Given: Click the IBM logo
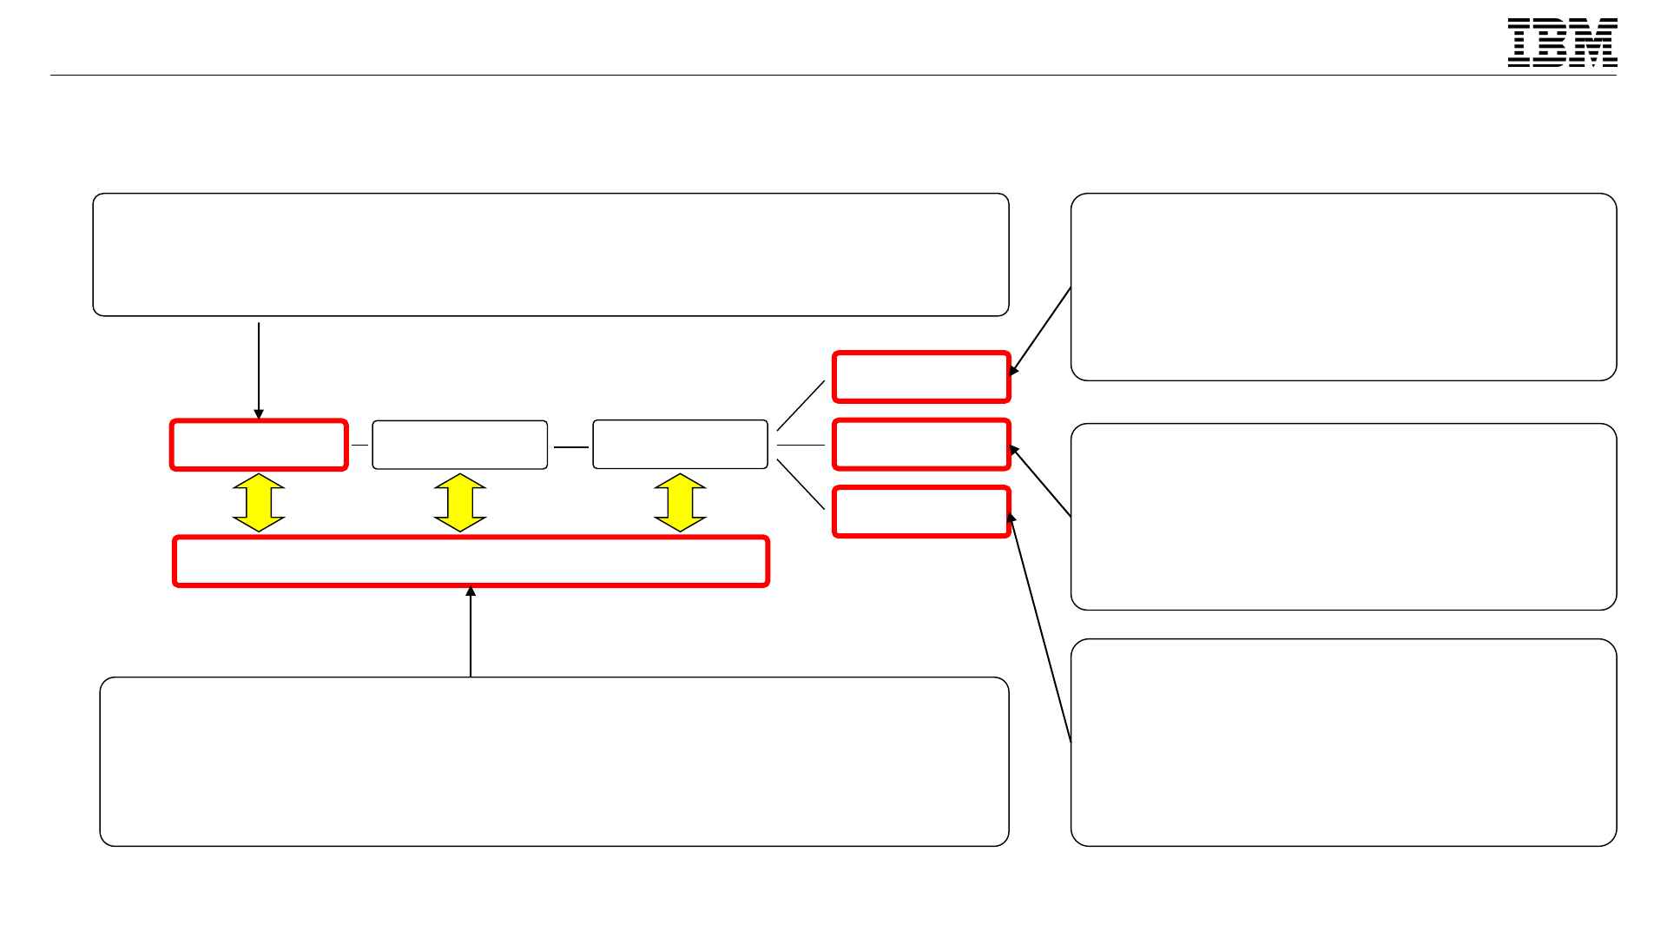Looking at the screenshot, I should click(x=1562, y=43).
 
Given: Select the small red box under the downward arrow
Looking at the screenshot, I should click(x=259, y=445).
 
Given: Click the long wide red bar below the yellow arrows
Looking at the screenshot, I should click(x=471, y=561).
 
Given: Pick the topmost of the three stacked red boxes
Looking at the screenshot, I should click(x=921, y=377).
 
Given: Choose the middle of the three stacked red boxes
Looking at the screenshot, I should click(x=921, y=445).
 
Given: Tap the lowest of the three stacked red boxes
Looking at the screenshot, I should click(x=921, y=512).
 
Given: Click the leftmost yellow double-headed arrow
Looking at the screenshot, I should click(x=259, y=503).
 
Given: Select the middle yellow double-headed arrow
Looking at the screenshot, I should click(x=460, y=503).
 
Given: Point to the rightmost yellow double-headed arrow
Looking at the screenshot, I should click(x=680, y=503).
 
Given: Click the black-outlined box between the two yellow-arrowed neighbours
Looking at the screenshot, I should click(x=460, y=445).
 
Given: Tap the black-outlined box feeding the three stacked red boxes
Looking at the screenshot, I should click(x=680, y=445).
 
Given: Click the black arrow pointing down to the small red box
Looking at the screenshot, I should click(x=259, y=369).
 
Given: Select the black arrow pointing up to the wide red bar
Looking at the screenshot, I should click(x=471, y=632).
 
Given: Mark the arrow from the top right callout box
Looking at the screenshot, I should click(x=1040, y=331).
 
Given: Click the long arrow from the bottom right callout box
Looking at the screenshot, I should click(x=1040, y=627).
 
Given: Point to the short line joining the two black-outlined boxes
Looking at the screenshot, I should click(x=570, y=447).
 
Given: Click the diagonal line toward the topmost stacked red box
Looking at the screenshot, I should click(x=801, y=406).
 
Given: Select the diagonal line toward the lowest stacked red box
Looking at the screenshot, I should click(x=801, y=484).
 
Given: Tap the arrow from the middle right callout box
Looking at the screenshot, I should click(x=1040, y=481).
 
